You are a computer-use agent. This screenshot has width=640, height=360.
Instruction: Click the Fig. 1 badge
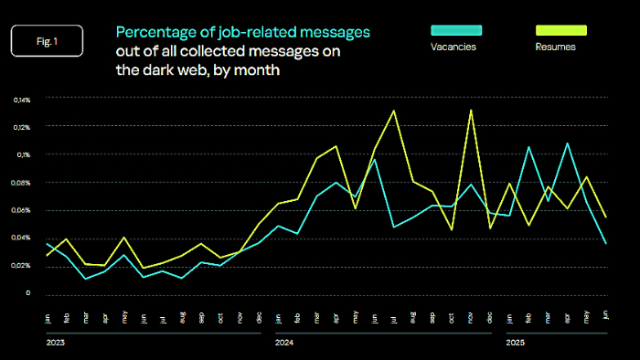pyautogui.click(x=47, y=41)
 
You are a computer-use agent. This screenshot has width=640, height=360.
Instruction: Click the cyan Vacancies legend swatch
pyautogui.click(x=454, y=30)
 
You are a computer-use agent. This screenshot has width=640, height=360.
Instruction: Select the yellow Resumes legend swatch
pyautogui.click(x=560, y=30)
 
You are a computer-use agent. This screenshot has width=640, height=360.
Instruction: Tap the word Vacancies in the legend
pyautogui.click(x=453, y=47)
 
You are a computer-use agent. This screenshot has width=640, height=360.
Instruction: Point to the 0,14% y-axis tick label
pyautogui.click(x=22, y=99)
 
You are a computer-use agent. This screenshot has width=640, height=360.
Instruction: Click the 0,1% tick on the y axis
pyautogui.click(x=25, y=154)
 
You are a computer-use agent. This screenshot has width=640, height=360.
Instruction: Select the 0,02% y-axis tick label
pyautogui.click(x=22, y=266)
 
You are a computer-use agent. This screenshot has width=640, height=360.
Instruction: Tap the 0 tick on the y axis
pyautogui.click(x=28, y=293)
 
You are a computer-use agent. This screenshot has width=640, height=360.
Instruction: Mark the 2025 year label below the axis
pyautogui.click(x=516, y=344)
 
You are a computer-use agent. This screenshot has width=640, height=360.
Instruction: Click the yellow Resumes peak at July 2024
pyautogui.click(x=393, y=111)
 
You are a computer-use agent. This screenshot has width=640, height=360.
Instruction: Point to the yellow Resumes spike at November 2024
pyautogui.click(x=471, y=111)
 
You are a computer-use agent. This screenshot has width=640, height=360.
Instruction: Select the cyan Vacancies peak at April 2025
pyautogui.click(x=568, y=143)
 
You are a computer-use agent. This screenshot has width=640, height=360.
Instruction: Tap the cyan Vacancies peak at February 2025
pyautogui.click(x=528, y=146)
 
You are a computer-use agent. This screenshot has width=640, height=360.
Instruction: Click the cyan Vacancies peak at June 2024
pyautogui.click(x=374, y=159)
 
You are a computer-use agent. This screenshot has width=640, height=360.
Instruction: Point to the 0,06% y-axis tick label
pyautogui.click(x=22, y=210)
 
